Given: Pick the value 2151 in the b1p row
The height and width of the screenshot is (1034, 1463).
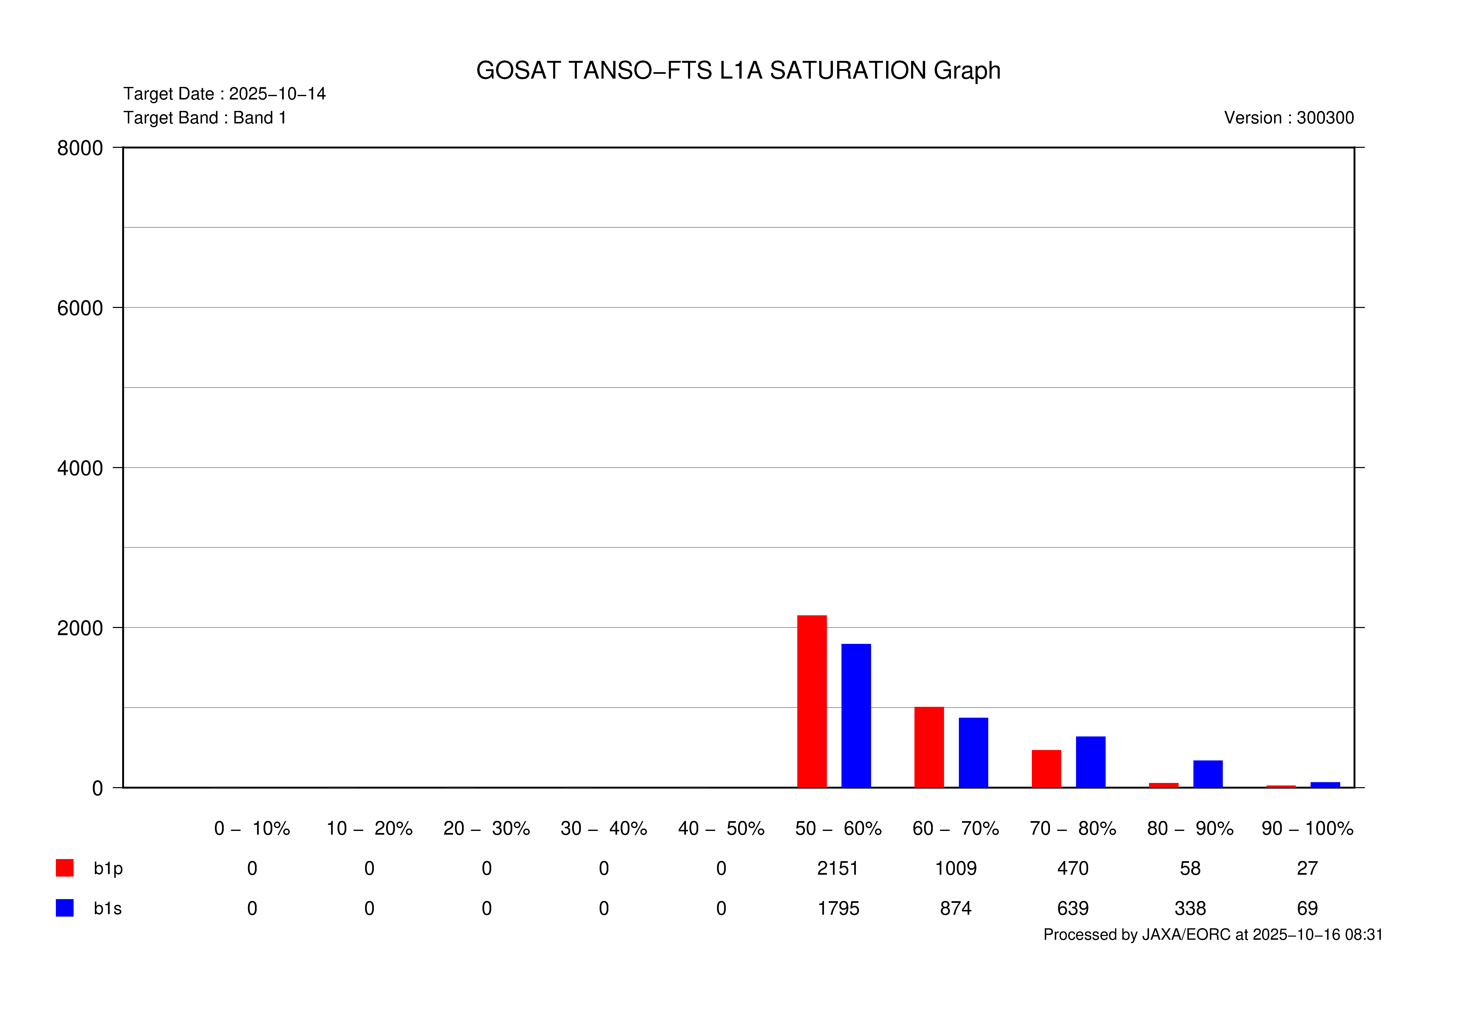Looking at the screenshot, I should (x=838, y=868).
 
